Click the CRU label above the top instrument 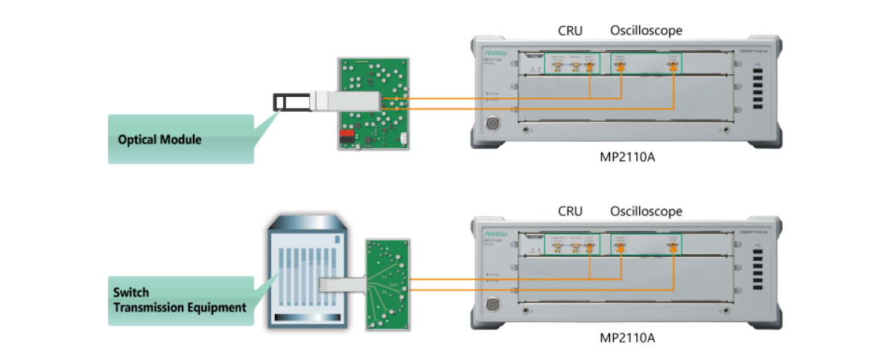click(570, 31)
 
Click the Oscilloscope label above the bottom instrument click(646, 212)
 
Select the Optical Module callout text click(159, 139)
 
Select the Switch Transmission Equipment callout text click(179, 300)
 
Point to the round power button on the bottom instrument click(492, 305)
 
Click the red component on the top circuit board click(346, 137)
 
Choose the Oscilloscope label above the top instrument click(646, 31)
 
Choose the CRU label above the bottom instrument click(570, 212)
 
